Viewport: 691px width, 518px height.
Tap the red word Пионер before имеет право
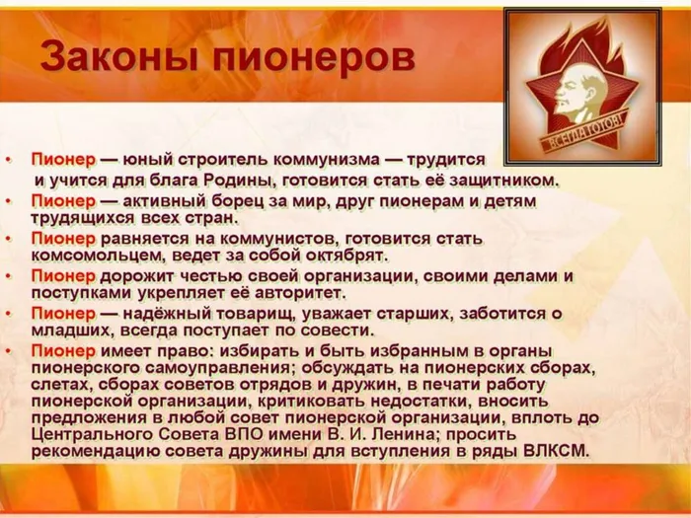63,351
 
